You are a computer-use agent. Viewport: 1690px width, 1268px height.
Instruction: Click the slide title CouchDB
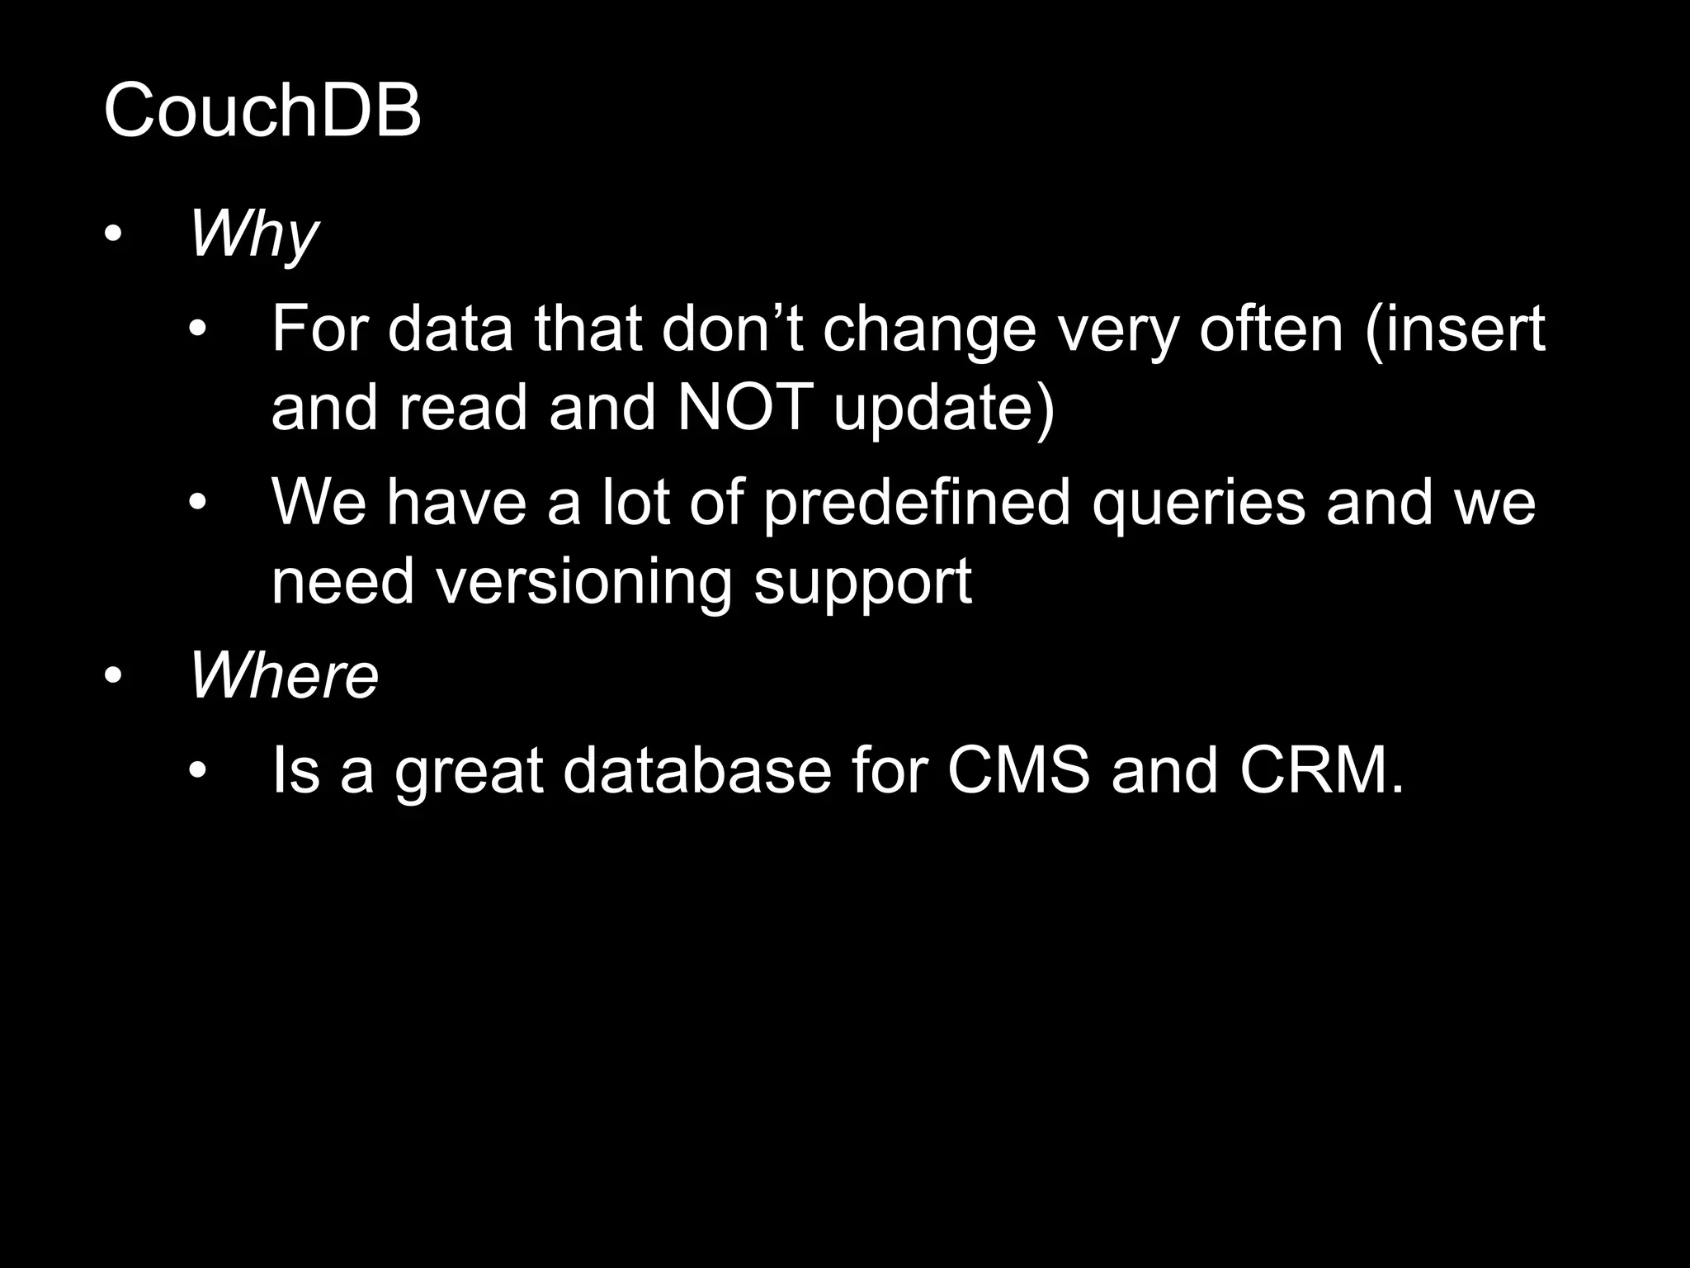262,111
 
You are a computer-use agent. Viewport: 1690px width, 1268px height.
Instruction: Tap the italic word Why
253,235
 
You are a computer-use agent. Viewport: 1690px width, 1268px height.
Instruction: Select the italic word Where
284,675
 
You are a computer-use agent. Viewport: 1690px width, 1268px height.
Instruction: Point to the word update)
945,408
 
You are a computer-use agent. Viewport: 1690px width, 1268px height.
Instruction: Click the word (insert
1455,329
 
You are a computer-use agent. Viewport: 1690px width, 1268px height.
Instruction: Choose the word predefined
916,504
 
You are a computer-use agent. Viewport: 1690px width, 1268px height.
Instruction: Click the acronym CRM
1320,770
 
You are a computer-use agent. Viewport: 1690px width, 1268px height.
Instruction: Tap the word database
697,770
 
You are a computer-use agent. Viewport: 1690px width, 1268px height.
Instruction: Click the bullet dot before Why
113,235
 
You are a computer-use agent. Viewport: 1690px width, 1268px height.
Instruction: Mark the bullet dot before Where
113,676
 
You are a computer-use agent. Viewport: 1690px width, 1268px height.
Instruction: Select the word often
1271,329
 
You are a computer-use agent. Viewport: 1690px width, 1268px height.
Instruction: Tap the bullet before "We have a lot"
196,502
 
